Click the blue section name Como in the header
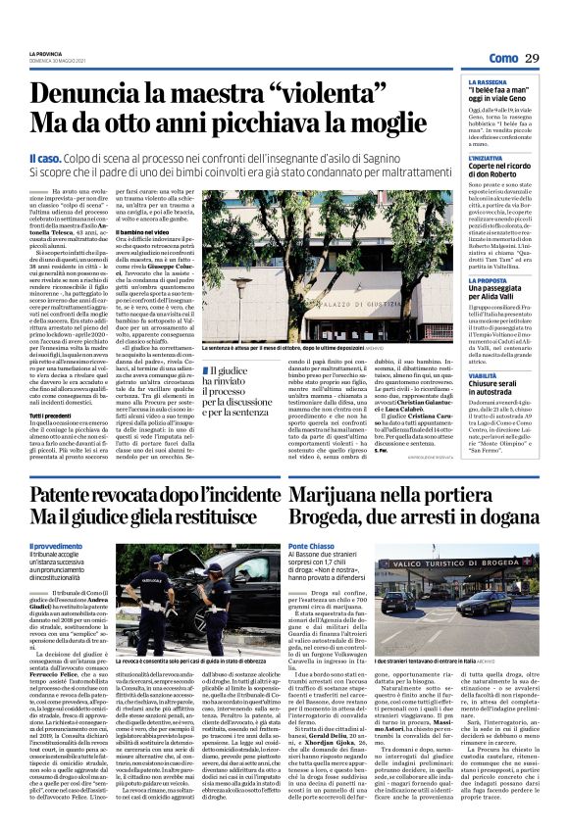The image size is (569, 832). click(502, 59)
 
